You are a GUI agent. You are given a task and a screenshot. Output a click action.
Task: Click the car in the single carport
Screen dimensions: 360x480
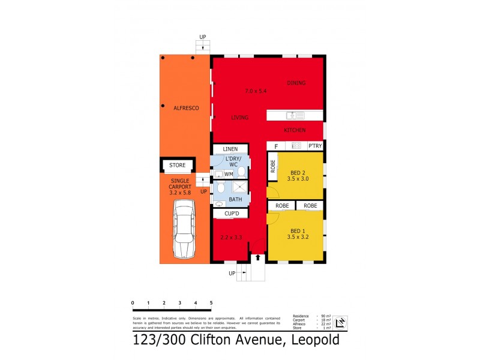[184, 228]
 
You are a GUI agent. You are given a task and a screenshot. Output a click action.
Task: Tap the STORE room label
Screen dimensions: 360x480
[178, 165]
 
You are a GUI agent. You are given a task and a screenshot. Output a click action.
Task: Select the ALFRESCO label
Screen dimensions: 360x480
[186, 108]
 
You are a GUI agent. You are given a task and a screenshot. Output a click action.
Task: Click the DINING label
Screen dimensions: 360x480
[296, 83]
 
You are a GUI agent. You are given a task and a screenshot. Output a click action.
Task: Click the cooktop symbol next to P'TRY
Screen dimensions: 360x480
[296, 145]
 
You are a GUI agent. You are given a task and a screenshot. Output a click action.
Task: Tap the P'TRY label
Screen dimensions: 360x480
[315, 146]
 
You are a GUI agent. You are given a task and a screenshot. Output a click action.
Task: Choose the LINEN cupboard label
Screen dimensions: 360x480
[230, 149]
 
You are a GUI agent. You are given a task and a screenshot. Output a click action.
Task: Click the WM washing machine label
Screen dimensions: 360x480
[229, 174]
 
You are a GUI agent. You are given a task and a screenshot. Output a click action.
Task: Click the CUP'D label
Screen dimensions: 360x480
[232, 214]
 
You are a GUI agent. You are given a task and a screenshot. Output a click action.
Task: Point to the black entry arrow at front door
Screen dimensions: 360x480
[259, 257]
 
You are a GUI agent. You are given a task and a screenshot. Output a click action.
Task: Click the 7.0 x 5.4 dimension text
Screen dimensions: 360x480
[255, 91]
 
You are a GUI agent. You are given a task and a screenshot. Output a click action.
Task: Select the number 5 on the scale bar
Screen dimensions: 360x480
[211, 303]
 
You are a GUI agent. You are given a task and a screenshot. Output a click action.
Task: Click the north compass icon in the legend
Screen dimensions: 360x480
[340, 323]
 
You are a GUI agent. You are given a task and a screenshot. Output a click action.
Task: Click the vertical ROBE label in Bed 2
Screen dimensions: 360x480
[273, 167]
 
